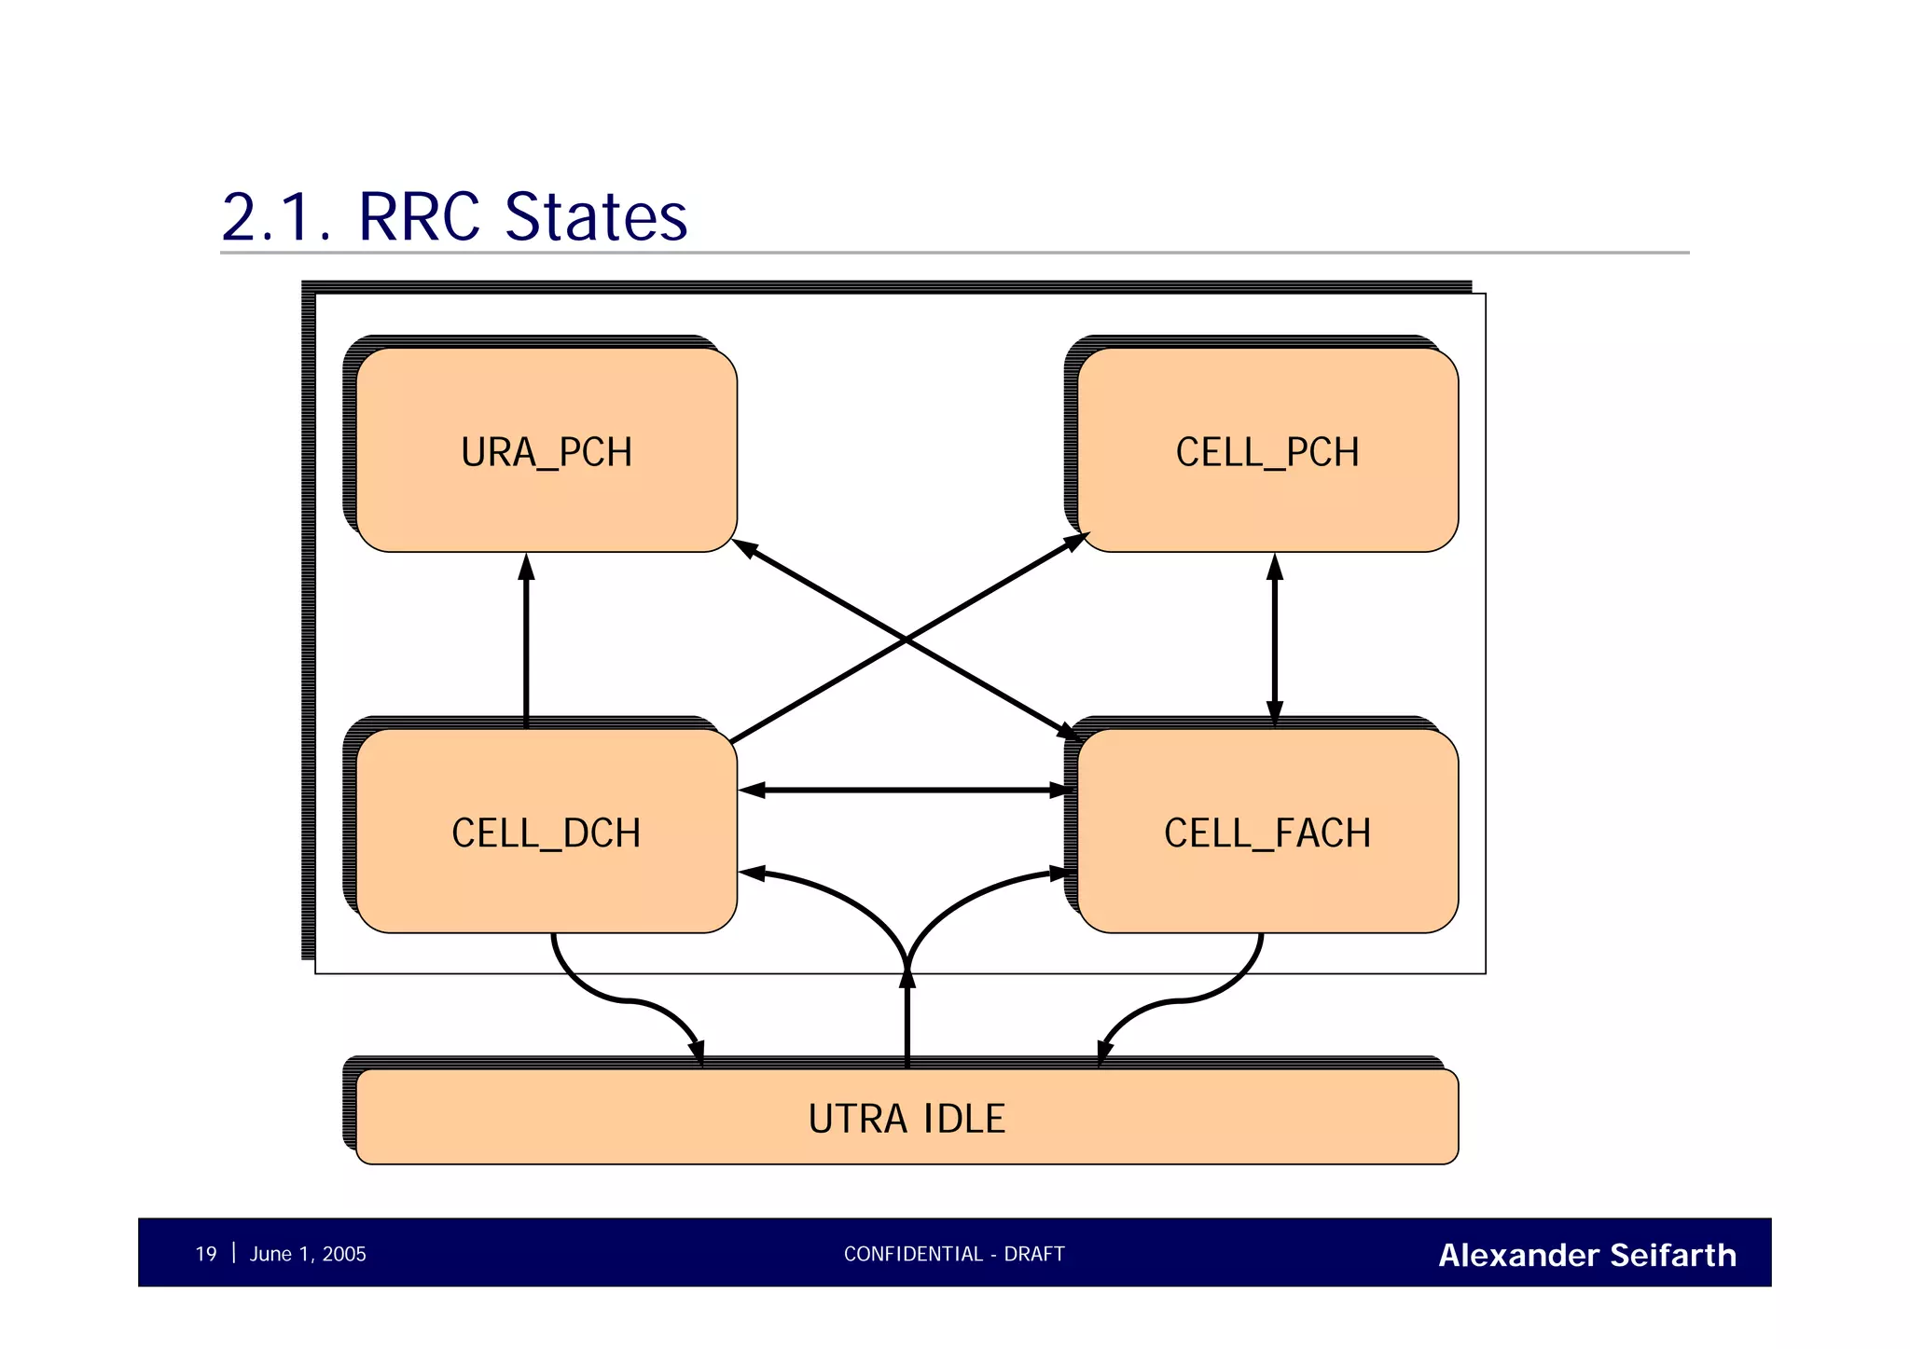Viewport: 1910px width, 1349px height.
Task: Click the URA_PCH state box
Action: click(547, 451)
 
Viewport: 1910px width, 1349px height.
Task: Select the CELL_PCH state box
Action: click(1267, 451)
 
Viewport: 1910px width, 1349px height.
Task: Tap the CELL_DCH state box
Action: click(547, 832)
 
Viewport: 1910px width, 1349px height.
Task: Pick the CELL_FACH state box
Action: click(1267, 832)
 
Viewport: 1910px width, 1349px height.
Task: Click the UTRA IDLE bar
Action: click(907, 1117)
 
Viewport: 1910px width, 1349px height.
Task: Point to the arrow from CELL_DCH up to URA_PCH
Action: click(526, 643)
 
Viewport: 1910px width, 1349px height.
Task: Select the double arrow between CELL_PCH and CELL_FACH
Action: click(1275, 641)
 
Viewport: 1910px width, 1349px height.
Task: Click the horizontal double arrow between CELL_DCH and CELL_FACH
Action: click(907, 790)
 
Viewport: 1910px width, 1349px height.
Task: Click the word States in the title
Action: click(595, 216)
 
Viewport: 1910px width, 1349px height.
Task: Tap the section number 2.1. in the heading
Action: click(276, 216)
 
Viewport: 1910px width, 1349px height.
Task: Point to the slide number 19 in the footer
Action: click(205, 1254)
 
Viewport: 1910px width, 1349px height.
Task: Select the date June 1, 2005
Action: click(308, 1254)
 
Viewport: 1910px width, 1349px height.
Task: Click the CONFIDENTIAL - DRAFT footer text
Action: click(953, 1254)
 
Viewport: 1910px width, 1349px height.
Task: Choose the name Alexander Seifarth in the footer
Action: click(1586, 1255)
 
